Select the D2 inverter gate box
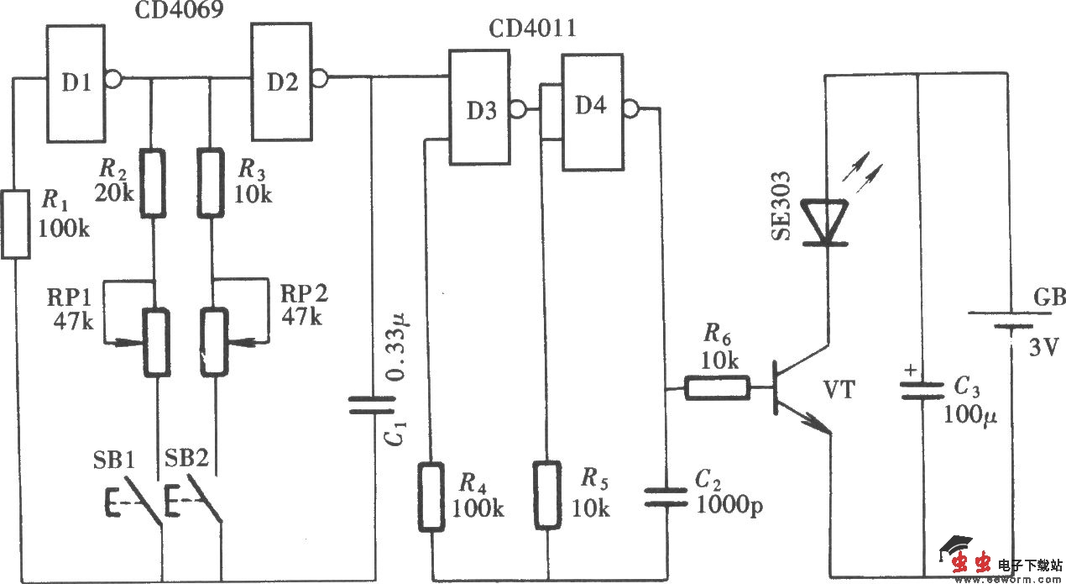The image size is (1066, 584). click(280, 82)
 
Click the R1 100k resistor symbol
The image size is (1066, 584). click(16, 224)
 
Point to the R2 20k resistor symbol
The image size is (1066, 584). click(153, 183)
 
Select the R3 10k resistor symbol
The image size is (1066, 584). click(213, 183)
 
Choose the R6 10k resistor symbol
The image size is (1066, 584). click(718, 388)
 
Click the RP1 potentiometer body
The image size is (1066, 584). click(155, 341)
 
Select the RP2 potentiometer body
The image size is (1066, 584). click(215, 341)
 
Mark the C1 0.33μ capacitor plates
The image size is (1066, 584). click(371, 406)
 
